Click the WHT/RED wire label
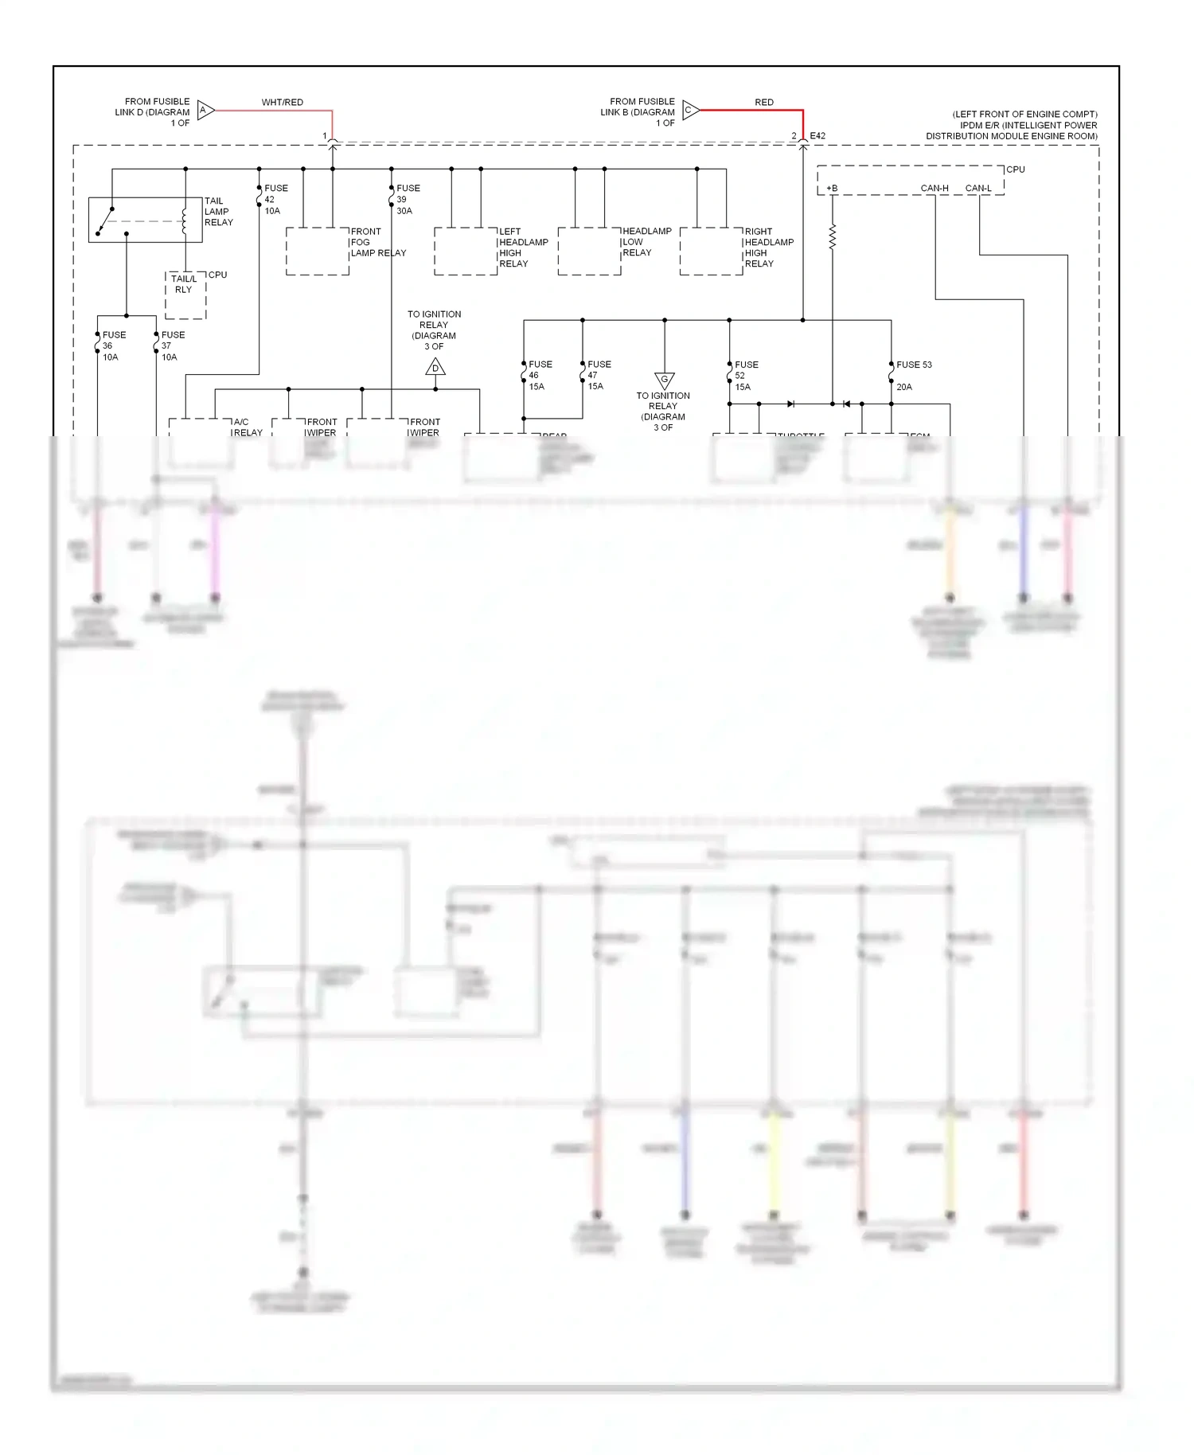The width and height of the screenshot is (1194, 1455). point(282,103)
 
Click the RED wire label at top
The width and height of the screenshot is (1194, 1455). point(763,103)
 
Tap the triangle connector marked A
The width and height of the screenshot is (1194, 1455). point(205,111)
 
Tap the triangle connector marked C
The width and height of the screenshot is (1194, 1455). point(689,111)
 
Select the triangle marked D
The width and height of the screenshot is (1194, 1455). point(435,368)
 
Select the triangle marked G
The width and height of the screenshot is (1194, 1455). point(664,380)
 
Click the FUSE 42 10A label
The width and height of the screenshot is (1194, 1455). point(275,200)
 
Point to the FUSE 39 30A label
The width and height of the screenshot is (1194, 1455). point(407,200)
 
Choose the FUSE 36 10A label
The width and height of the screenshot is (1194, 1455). point(113,346)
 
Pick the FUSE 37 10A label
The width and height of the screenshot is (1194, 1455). point(172,346)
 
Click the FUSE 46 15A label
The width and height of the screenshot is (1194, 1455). point(539,376)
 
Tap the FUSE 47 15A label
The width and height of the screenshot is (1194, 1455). point(598,376)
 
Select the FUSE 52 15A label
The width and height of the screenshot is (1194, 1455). point(745,376)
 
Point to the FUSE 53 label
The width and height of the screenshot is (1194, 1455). point(913,365)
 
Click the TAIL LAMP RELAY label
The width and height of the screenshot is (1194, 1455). point(218,212)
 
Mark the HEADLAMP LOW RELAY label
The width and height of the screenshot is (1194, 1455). point(646,242)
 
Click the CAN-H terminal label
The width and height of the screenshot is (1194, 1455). point(935,189)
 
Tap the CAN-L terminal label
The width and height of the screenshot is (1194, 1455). point(978,189)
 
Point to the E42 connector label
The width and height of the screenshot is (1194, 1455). point(817,136)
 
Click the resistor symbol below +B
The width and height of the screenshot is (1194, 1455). point(833,237)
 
